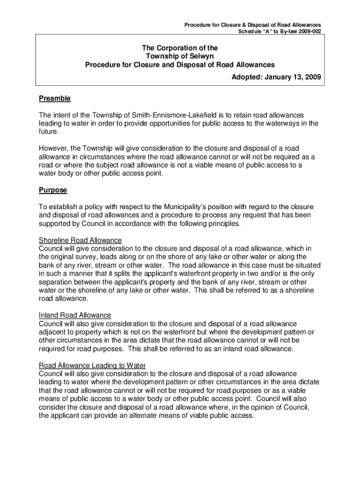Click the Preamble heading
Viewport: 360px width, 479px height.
55,99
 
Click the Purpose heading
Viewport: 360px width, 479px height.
53,190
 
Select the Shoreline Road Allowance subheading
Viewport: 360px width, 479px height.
80,240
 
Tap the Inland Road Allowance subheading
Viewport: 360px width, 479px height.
75,315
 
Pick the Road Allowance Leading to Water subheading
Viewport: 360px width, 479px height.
93,366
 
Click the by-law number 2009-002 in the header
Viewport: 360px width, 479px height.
307,31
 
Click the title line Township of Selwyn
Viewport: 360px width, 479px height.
180,56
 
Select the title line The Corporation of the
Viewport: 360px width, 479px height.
180,48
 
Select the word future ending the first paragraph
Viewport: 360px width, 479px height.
48,132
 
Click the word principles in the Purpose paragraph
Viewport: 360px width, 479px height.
224,224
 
